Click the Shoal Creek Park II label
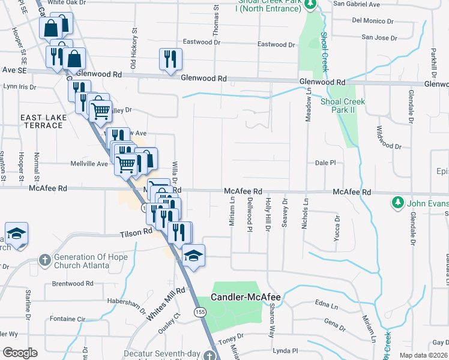[342, 106]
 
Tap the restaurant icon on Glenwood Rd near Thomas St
[170, 59]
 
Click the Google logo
[20, 353]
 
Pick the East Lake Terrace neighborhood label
[41, 121]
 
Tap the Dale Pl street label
[325, 163]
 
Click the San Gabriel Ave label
[357, 4]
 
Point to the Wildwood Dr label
[388, 137]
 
